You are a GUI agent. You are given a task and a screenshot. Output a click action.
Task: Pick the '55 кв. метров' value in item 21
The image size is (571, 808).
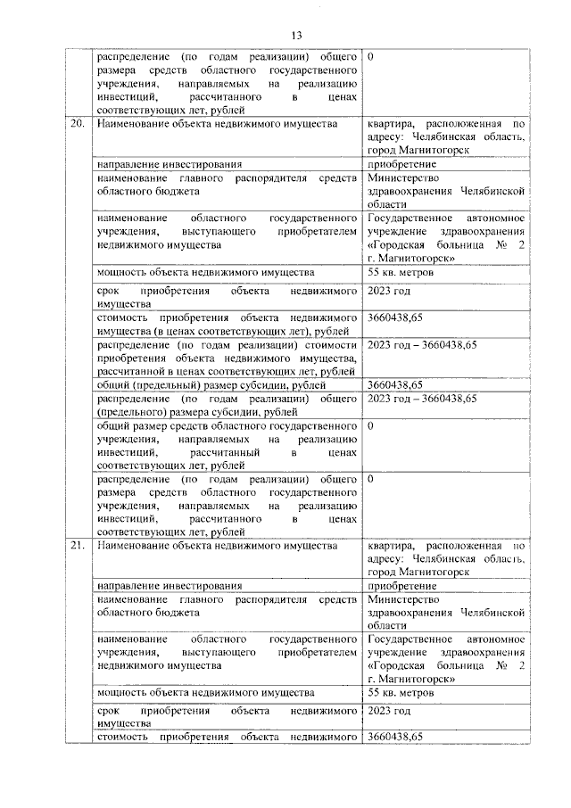click(399, 693)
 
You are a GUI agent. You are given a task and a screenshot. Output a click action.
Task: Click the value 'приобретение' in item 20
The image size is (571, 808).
click(401, 164)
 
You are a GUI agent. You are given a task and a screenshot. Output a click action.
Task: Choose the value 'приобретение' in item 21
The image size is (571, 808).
click(401, 586)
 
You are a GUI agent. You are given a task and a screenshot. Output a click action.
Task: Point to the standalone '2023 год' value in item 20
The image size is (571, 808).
click(389, 291)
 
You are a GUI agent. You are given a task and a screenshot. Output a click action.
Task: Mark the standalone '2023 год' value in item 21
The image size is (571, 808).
click(389, 712)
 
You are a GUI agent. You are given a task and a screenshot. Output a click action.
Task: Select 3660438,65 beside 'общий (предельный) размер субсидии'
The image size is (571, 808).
click(395, 384)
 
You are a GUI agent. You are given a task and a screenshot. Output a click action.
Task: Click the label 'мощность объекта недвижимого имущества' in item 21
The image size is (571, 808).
click(205, 693)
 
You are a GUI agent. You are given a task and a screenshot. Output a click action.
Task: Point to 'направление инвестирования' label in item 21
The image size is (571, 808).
click(170, 586)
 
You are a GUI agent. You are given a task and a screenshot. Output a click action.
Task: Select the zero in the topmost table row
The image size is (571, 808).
click(370, 57)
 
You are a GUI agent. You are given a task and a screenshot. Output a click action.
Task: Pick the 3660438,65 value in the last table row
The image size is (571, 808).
click(395, 737)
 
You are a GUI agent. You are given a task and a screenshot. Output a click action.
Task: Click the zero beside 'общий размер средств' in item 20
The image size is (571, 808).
click(370, 426)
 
